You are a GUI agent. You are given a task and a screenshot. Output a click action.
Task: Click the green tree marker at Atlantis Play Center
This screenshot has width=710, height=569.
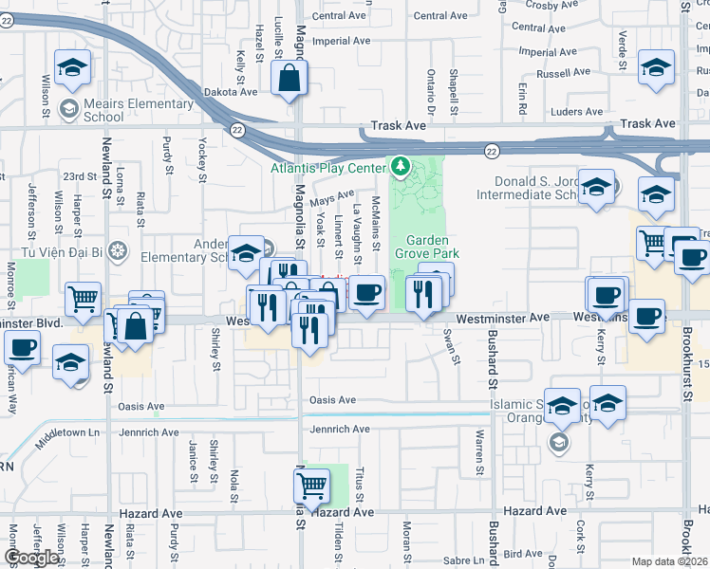(401, 169)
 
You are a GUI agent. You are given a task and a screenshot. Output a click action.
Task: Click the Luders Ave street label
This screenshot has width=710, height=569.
(576, 111)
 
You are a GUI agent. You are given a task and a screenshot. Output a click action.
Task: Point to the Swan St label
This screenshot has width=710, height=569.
(453, 347)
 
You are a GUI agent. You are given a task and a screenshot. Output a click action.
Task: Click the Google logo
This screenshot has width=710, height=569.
(31, 558)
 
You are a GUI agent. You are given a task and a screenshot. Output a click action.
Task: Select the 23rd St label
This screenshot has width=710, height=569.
(80, 176)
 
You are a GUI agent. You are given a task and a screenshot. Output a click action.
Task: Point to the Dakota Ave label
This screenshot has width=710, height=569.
(232, 92)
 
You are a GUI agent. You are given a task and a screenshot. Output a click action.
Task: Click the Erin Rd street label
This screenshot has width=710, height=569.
(523, 98)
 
